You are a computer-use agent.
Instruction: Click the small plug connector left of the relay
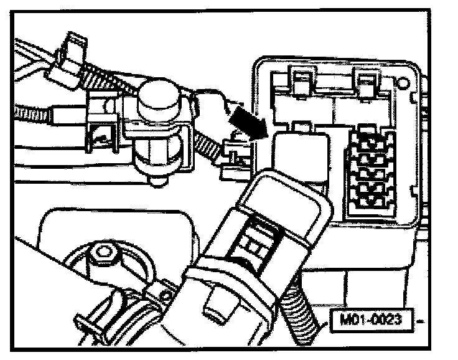coord(235,155)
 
